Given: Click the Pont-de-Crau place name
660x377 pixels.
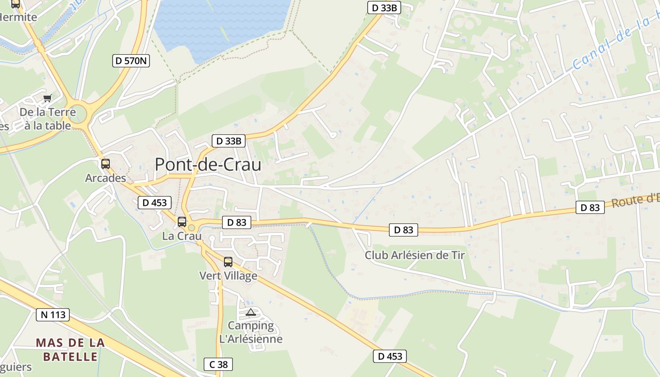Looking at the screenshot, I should click(208, 164).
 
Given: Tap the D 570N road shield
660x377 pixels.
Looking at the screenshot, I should click(131, 60).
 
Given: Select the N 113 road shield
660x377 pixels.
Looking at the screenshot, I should click(53, 314).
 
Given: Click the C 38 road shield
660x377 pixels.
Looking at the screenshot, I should click(218, 364).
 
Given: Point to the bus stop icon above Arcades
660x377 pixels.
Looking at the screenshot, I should click(106, 164).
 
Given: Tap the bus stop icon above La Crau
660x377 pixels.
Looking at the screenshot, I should click(182, 221).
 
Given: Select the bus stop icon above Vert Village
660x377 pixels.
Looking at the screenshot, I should click(228, 262).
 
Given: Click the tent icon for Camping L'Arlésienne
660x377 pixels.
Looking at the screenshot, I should click(251, 312).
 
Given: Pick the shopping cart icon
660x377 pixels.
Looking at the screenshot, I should click(47, 98).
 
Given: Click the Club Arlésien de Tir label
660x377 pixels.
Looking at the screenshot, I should click(415, 255).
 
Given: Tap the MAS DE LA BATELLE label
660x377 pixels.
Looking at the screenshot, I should click(70, 349).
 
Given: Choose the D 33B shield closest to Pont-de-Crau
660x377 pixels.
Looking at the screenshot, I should click(229, 140).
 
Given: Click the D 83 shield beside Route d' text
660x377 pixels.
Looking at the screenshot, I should click(590, 207).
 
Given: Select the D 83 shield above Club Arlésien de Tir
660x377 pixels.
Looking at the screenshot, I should click(404, 230).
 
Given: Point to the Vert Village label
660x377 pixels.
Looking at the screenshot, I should click(228, 276).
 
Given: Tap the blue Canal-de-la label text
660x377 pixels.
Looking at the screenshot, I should click(613, 43).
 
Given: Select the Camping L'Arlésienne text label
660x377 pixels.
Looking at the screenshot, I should click(251, 332).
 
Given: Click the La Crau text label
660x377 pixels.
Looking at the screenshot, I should click(182, 236).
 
